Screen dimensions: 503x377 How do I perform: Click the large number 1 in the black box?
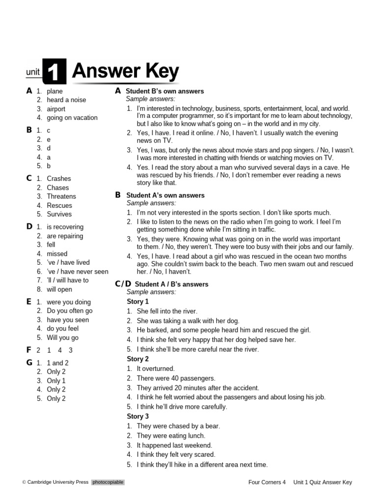(x=54, y=72)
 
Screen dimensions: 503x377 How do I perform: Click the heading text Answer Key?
(x=125, y=72)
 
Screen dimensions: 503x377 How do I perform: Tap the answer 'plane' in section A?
(x=54, y=91)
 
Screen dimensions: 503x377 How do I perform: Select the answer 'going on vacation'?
(x=72, y=117)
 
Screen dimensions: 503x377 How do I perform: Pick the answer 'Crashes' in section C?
(x=58, y=179)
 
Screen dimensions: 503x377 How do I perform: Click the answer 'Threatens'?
(x=61, y=196)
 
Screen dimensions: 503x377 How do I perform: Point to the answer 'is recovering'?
(x=65, y=227)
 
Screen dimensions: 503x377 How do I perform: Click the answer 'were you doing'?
(x=68, y=302)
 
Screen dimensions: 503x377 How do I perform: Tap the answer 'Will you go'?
(x=62, y=337)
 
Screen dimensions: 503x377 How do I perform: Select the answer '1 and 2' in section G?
(x=57, y=363)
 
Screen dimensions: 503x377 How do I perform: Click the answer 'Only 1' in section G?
(x=56, y=381)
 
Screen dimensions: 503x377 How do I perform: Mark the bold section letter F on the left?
(x=28, y=350)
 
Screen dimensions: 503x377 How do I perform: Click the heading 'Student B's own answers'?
(x=164, y=91)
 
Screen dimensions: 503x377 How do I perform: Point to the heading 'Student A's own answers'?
(x=165, y=196)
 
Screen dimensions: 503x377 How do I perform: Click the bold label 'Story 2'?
(x=137, y=359)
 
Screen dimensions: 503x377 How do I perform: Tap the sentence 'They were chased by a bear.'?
(x=178, y=426)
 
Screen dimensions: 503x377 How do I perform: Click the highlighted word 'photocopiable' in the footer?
(x=108, y=482)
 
